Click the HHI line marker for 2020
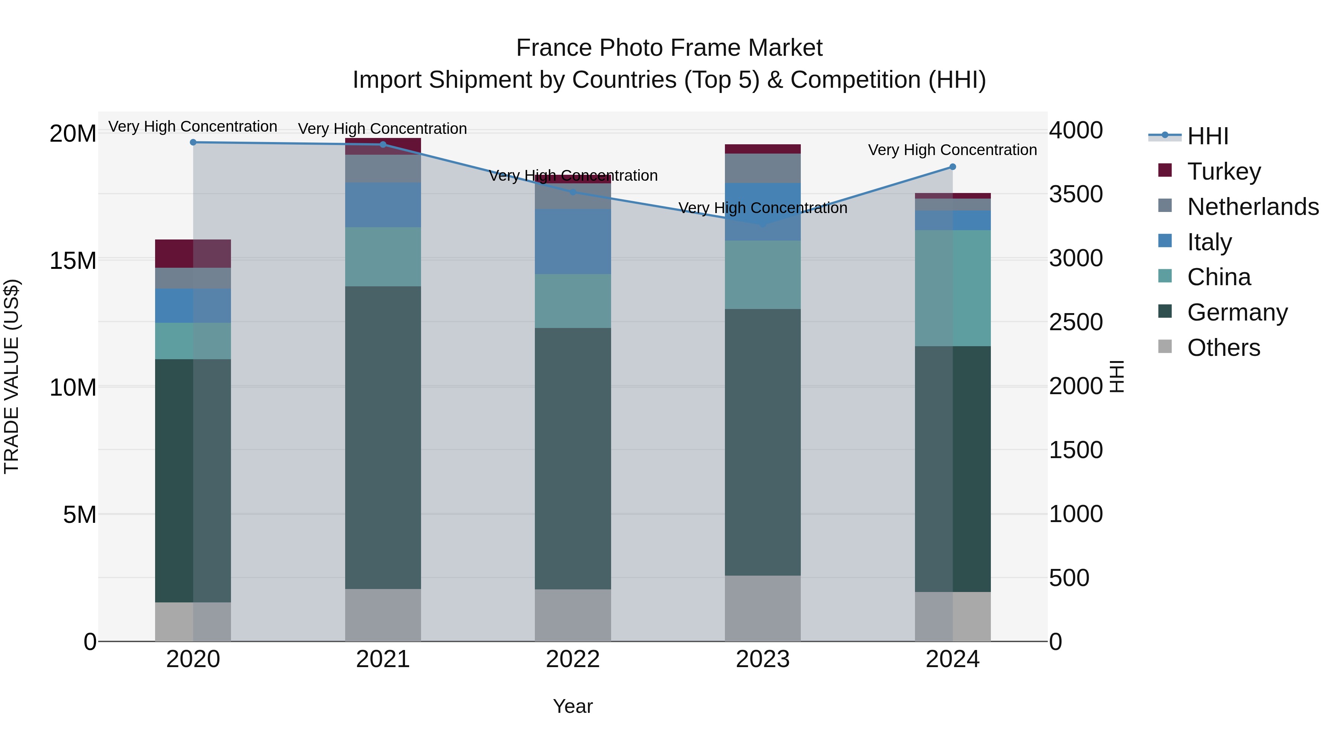click(x=193, y=142)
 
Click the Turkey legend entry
click(x=1224, y=171)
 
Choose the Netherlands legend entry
click(x=1253, y=207)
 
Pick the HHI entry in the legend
click(x=1207, y=136)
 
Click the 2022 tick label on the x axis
click(x=573, y=659)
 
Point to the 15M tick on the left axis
click(x=73, y=260)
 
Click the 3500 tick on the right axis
click(x=1075, y=194)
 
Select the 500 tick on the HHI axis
click(x=1069, y=578)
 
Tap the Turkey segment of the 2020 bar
click(x=193, y=254)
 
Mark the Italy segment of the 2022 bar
click(x=573, y=242)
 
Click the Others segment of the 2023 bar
click(x=762, y=608)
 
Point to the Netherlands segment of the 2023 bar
click(x=762, y=168)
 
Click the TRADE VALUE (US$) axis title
click(x=12, y=376)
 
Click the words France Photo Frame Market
click(x=669, y=48)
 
